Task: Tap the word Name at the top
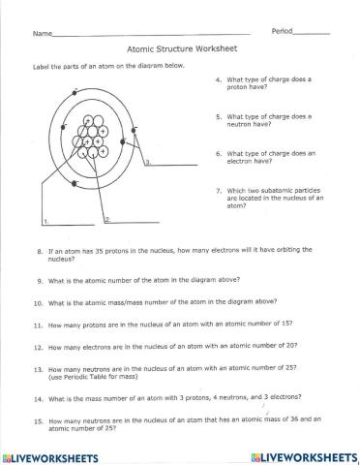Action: tap(41, 34)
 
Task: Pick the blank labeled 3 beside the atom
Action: tap(166, 165)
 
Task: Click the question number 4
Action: tap(219, 79)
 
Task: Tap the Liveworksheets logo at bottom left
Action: tap(55, 455)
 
